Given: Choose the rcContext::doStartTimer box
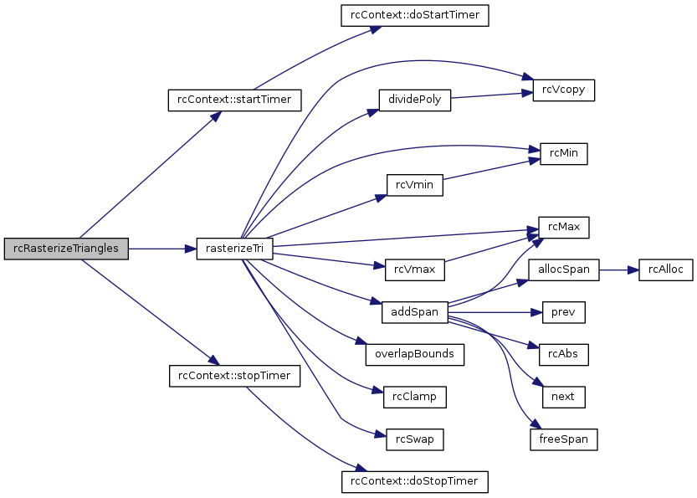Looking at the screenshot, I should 413,14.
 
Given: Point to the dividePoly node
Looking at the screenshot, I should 415,100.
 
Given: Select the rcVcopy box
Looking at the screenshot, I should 564,90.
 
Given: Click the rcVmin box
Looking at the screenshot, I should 413,185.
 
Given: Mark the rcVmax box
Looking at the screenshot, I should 414,270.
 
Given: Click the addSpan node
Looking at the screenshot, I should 414,312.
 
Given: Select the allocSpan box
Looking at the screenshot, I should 564,270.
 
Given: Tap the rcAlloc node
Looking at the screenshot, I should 665,270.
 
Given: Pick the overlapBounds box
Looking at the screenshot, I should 414,354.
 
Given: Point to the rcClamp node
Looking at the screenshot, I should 414,396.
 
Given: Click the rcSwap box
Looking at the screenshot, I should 414,439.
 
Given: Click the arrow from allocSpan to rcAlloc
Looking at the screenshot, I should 618,270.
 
